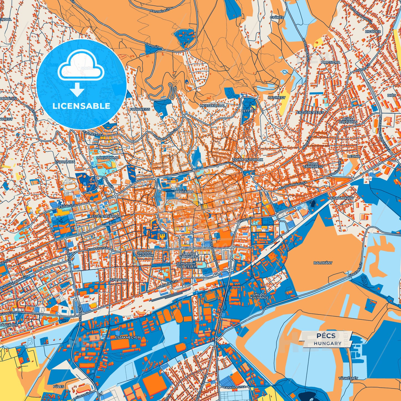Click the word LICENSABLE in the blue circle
click(x=81, y=106)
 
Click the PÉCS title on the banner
click(x=326, y=336)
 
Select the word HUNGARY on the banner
click(x=328, y=343)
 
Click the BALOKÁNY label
click(x=323, y=263)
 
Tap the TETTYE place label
click(x=248, y=111)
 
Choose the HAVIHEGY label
click(x=276, y=98)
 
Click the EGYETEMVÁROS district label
click(x=104, y=216)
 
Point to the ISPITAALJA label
click(x=119, y=280)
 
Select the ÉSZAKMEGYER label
click(x=127, y=337)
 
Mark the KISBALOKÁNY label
click(x=342, y=198)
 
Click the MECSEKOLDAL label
click(x=213, y=106)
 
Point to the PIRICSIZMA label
click(x=331, y=62)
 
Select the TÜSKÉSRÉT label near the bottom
click(x=348, y=378)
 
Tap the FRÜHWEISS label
click(x=140, y=109)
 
